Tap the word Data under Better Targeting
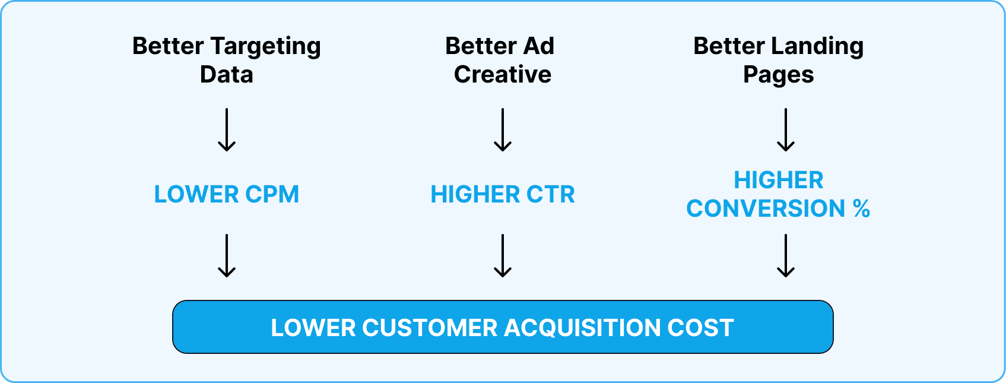pos(226,74)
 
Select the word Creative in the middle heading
pos(503,74)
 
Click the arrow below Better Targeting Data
pos(227,129)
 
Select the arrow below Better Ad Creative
pos(503,129)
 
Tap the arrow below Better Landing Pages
pos(785,129)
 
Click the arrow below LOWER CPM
pos(227,255)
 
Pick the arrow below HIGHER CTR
pos(503,255)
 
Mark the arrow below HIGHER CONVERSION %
pos(785,255)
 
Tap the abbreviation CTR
pos(551,194)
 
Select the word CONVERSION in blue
pos(766,208)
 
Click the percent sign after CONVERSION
pos(861,208)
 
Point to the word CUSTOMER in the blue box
pos(429,327)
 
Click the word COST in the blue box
pos(700,327)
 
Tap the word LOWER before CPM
pos(196,194)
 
